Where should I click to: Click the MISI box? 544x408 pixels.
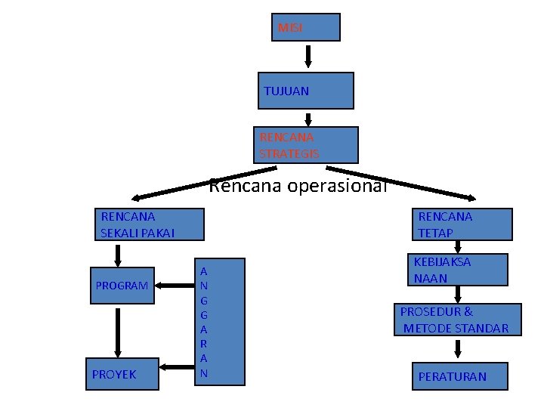click(x=307, y=27)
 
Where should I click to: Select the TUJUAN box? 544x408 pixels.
click(x=305, y=91)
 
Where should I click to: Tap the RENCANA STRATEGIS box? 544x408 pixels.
click(x=305, y=145)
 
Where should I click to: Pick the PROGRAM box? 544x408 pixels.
click(x=122, y=286)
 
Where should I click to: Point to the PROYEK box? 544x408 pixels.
click(x=122, y=374)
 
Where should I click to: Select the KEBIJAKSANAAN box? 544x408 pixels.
click(x=459, y=270)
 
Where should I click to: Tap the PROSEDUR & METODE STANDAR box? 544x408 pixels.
click(x=458, y=320)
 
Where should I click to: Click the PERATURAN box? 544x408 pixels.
click(x=459, y=376)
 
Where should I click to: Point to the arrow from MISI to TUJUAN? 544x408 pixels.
click(x=309, y=56)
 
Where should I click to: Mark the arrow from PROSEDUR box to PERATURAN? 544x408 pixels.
click(x=458, y=348)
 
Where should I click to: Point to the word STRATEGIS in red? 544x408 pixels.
click(x=289, y=154)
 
